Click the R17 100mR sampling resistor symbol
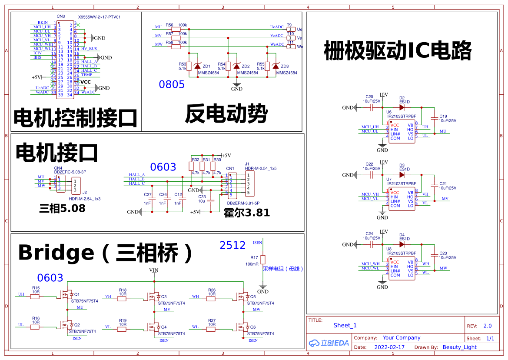(x=262, y=260)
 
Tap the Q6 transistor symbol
(x=242, y=327)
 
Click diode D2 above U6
(x=402, y=107)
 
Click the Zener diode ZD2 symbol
(x=236, y=66)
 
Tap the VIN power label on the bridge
(x=154, y=270)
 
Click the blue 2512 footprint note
(x=232, y=245)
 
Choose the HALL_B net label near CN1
(x=137, y=179)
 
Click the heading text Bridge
(x=56, y=253)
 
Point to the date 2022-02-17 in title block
(x=389, y=347)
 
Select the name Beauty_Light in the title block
(x=459, y=347)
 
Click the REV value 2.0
(x=488, y=326)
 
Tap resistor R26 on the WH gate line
(x=212, y=298)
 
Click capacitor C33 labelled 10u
(x=211, y=201)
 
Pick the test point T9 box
(x=291, y=29)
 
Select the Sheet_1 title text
(x=345, y=325)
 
